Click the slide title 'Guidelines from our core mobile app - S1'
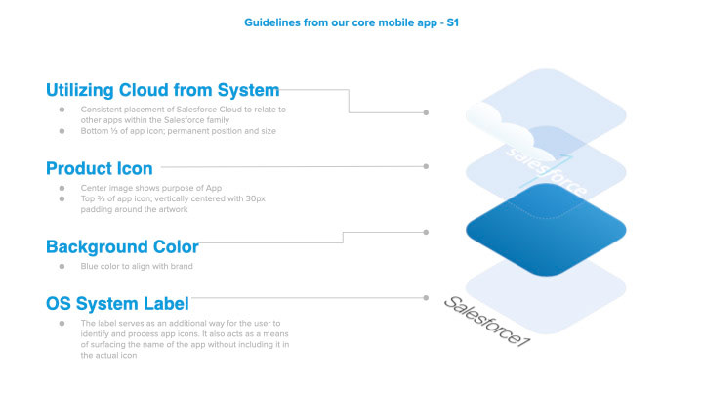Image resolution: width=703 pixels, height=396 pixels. tap(351, 22)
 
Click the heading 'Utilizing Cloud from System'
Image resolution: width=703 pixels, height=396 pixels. tap(163, 90)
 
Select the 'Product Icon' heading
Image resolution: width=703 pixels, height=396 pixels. tap(100, 168)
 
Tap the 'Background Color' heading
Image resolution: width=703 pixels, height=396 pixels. tap(122, 247)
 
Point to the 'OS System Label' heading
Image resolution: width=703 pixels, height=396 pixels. tap(117, 304)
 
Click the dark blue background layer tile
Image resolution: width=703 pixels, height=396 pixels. tap(546, 230)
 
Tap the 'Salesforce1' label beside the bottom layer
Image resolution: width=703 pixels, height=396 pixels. tap(487, 322)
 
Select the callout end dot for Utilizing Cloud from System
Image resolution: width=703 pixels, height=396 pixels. tap(426, 112)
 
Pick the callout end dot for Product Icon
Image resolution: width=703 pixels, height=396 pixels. tap(426, 166)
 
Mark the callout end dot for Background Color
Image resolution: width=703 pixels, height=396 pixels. tap(426, 232)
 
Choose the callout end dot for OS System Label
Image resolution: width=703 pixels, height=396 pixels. tap(426, 297)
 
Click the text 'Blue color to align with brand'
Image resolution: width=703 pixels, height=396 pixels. tap(137, 266)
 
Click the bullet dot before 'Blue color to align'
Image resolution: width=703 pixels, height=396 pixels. tap(62, 266)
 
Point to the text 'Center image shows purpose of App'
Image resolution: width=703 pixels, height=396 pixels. tap(151, 188)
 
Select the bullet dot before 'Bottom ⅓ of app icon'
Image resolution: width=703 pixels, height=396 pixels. tap(62, 131)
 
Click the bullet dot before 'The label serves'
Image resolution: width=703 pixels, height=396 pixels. tap(62, 323)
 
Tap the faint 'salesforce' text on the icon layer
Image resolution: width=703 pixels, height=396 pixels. tap(546, 172)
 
